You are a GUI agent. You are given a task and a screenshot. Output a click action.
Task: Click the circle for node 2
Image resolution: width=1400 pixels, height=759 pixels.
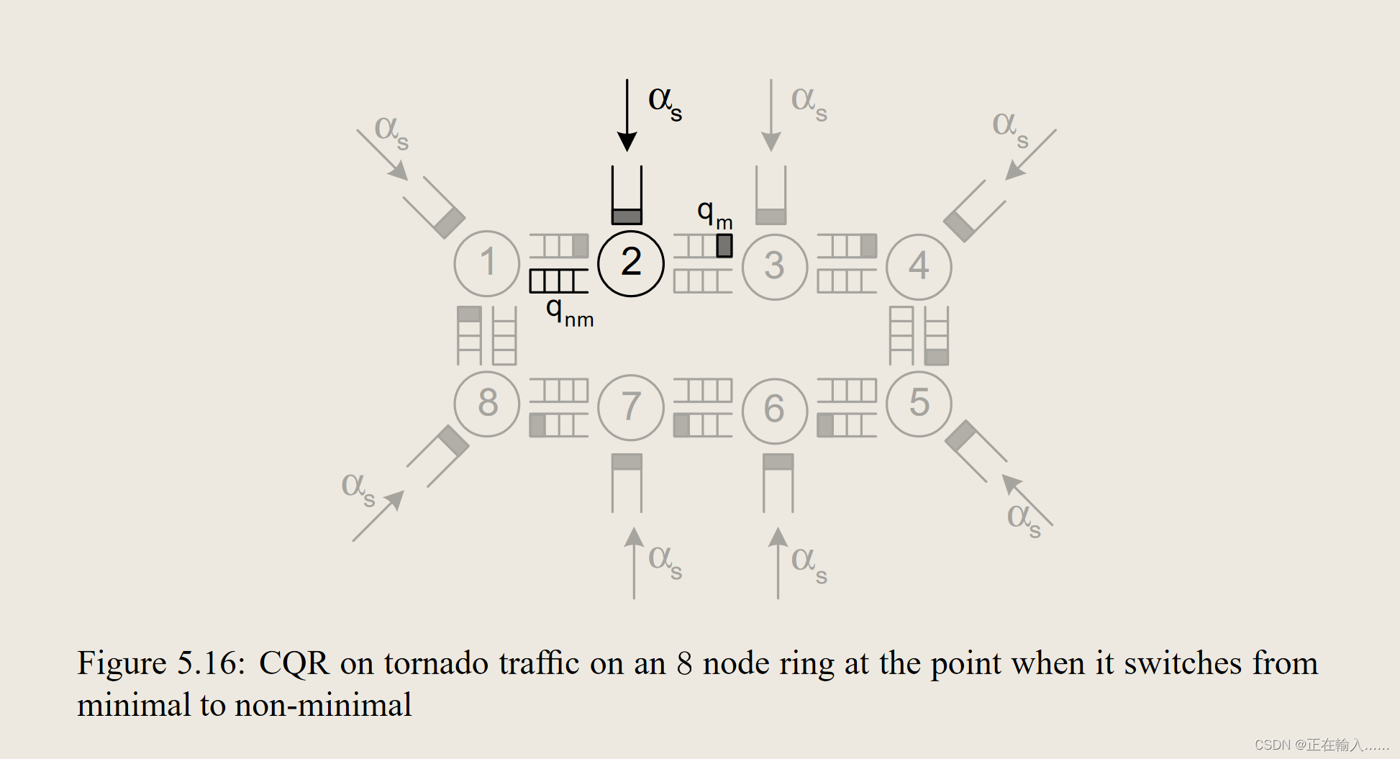coord(631,263)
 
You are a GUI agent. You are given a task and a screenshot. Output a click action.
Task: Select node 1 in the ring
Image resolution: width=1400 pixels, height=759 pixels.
coord(487,263)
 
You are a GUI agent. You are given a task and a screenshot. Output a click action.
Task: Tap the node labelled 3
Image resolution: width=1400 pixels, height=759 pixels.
coord(775,267)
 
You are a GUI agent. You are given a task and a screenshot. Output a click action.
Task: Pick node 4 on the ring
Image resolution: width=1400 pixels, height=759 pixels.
coord(919,267)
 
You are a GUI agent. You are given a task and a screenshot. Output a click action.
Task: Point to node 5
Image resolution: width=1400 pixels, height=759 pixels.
coord(919,404)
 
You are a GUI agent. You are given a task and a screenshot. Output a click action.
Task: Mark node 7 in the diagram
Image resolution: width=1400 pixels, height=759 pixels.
coord(631,407)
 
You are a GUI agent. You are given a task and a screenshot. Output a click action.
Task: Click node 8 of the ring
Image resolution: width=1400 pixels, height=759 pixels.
coord(487,404)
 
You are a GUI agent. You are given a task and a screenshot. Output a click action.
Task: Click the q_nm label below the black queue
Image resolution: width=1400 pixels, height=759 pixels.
coord(569,314)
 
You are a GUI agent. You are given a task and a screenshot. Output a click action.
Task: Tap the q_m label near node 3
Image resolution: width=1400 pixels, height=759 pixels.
coord(714,214)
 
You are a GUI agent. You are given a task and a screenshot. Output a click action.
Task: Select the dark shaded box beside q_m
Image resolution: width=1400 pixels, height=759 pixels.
coord(724,245)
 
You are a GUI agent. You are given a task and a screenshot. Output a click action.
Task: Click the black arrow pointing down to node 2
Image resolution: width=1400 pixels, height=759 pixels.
coord(627,115)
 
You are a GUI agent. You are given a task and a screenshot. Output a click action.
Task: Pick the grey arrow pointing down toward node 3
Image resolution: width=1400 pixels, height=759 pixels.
coord(771,115)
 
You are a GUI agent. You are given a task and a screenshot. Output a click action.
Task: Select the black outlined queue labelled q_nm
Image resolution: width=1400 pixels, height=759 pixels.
coord(558,281)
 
